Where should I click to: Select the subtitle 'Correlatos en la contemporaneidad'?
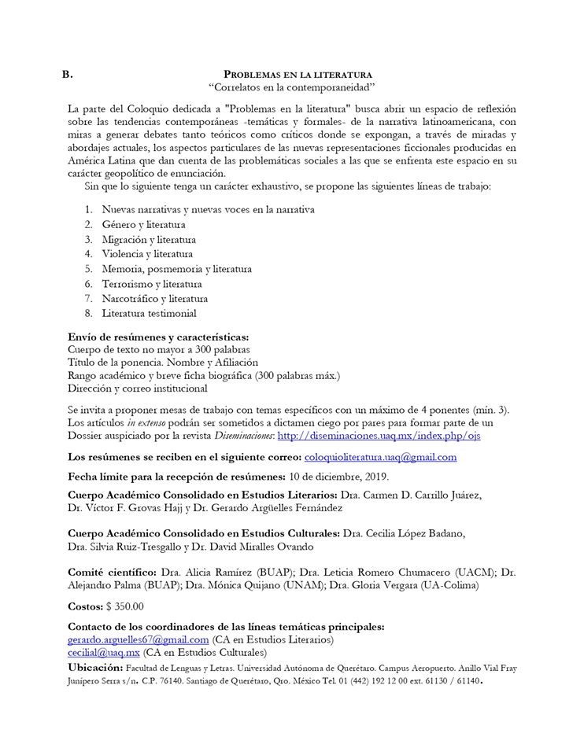291,87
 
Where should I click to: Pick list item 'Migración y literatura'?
149,239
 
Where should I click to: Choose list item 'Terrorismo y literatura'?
152,284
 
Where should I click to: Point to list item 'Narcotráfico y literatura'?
154,299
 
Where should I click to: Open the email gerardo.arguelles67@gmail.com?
139,640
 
